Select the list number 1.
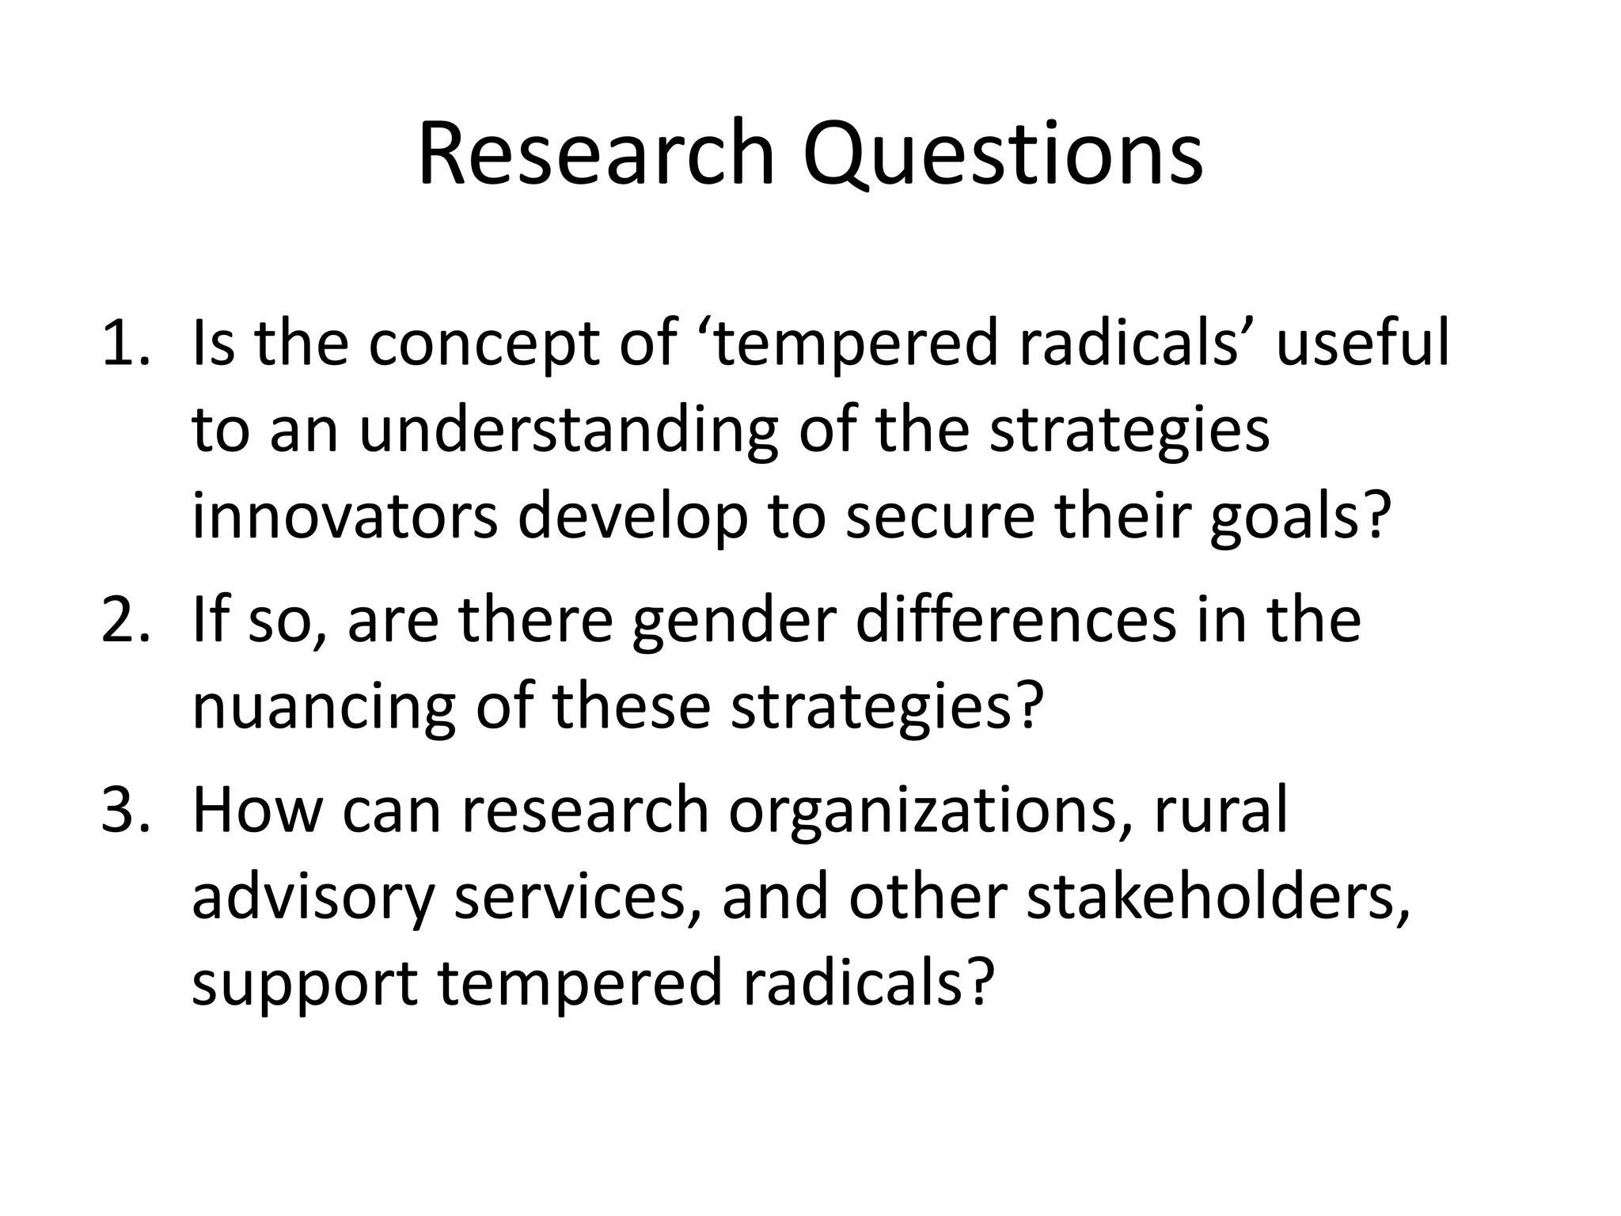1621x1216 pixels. click(124, 343)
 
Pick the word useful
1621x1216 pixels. click(1363, 343)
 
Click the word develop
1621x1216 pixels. click(632, 519)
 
